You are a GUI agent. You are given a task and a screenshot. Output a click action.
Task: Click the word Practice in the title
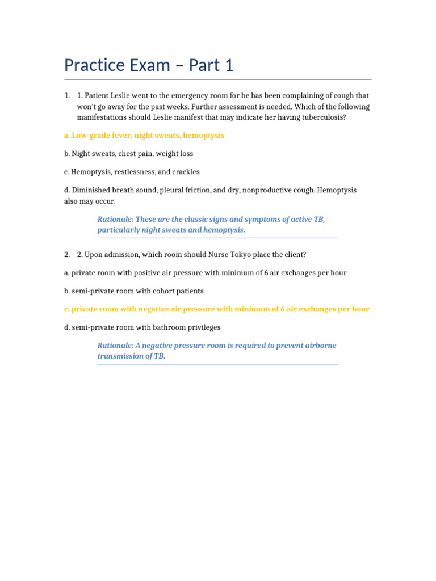[x=94, y=66]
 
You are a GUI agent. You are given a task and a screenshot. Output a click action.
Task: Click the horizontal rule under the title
[x=218, y=79]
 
